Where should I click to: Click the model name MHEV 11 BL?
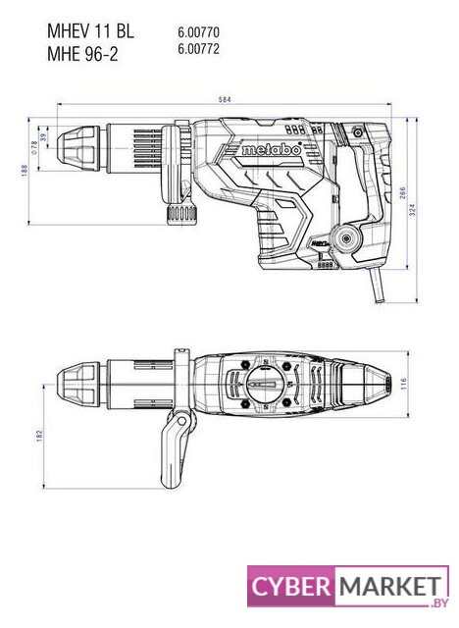pyautogui.click(x=90, y=31)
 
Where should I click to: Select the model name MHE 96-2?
pyautogui.click(x=82, y=54)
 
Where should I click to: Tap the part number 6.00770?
pyautogui.click(x=198, y=32)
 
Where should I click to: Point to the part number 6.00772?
pyautogui.click(x=198, y=49)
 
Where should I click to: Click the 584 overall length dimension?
pyautogui.click(x=225, y=99)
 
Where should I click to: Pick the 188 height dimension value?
pyautogui.click(x=25, y=171)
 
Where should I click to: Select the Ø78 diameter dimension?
pyautogui.click(x=34, y=147)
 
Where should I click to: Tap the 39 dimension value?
pyautogui.click(x=43, y=137)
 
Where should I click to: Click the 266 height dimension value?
pyautogui.click(x=402, y=193)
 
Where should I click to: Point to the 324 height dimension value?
pyautogui.click(x=413, y=210)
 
